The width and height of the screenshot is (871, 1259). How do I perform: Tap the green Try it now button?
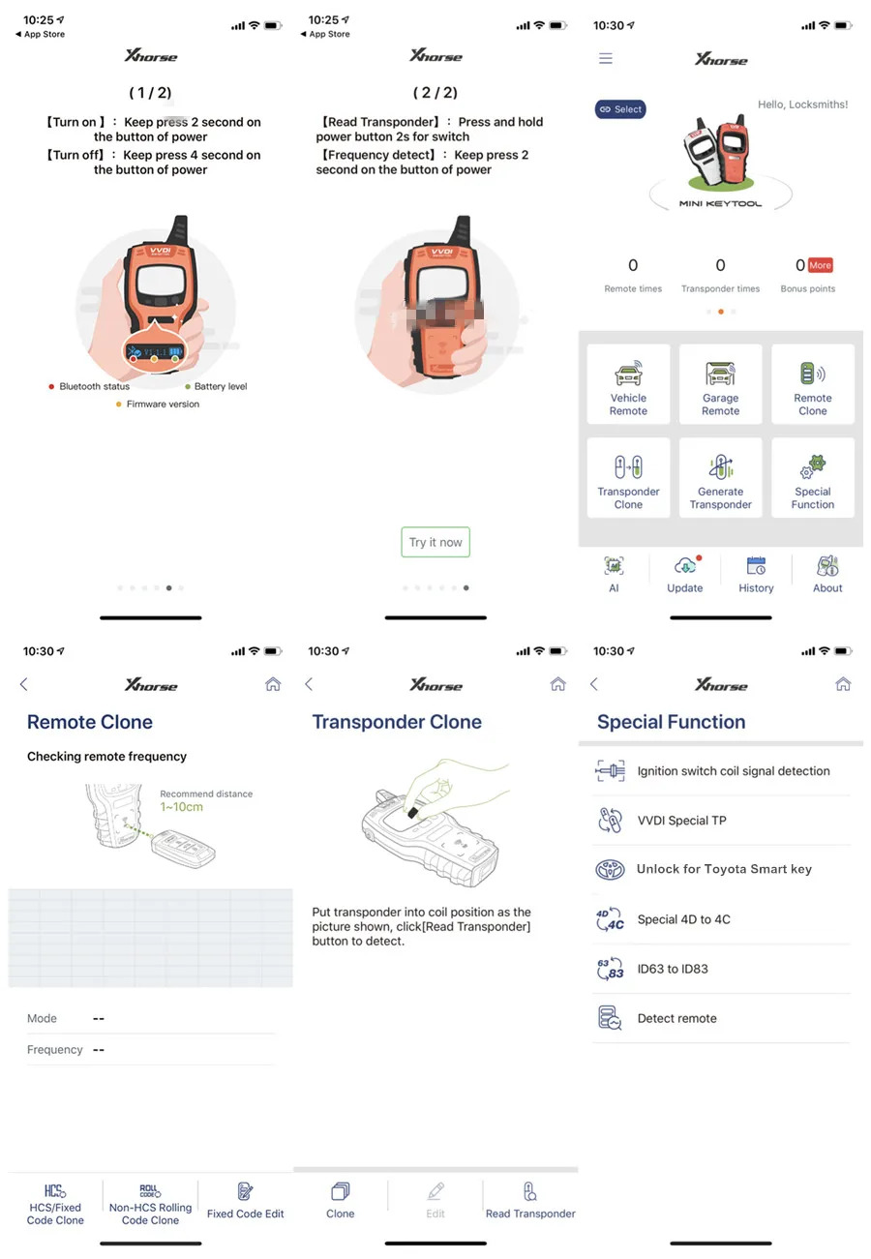pos(435,542)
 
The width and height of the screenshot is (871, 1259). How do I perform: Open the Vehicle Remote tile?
pos(628,384)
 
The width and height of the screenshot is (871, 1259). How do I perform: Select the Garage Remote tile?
pos(720,384)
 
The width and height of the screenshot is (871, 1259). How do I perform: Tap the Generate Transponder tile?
pos(720,478)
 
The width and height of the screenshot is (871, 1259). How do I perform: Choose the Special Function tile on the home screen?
pos(813,478)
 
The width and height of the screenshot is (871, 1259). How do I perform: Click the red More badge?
pos(820,265)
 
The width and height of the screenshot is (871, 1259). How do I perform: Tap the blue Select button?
pos(619,109)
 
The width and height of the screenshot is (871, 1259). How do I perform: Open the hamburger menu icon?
pos(606,59)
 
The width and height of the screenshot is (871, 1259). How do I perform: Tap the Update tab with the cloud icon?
pos(685,574)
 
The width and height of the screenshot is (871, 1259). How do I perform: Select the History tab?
pos(756,574)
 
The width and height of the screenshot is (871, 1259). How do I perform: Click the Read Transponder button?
pos(530,1199)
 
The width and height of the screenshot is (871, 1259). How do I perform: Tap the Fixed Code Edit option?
pos(246,1199)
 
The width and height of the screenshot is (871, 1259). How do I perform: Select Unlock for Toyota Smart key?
pos(724,869)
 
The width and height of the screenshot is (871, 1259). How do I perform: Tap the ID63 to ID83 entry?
pos(673,969)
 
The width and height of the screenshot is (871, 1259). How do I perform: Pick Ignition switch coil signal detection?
pos(733,771)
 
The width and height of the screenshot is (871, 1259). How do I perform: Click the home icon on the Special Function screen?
pos(843,684)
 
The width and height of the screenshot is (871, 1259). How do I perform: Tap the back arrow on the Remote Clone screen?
pos(24,684)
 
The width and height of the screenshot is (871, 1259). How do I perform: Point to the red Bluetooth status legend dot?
pos(51,387)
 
